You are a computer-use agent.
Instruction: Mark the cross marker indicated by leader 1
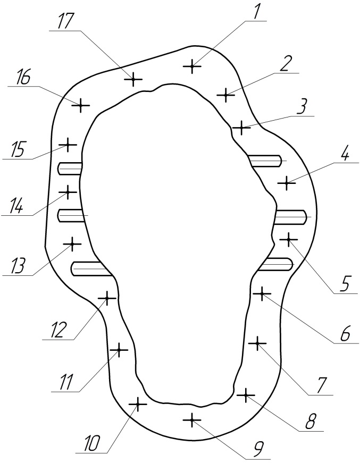[192, 66]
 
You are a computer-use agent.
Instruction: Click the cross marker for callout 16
[80, 105]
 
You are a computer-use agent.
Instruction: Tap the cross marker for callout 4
[287, 183]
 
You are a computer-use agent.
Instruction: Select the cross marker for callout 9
[192, 420]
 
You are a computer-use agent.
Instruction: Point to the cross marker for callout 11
[119, 350]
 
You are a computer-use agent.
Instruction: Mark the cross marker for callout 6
[262, 293]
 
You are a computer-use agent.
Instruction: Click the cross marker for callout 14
[68, 191]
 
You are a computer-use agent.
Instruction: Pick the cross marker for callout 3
[241, 128]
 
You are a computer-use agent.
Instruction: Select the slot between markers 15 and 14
[70, 169]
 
